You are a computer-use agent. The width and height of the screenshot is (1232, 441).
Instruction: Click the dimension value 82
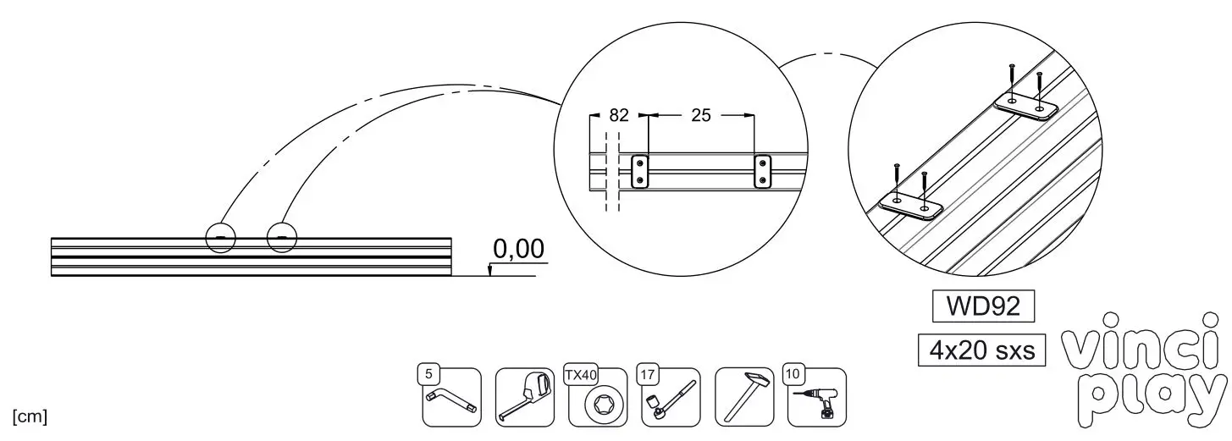coord(619,115)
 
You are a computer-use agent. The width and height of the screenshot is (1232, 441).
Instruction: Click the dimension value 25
coord(701,115)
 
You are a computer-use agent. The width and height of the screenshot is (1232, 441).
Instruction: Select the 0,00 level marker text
coord(519,249)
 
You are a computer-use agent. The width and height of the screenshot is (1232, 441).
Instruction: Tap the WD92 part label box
coord(983,306)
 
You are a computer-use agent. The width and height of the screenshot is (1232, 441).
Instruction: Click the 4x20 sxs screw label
coord(981,350)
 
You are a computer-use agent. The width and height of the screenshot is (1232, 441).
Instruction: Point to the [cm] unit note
coord(30,416)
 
